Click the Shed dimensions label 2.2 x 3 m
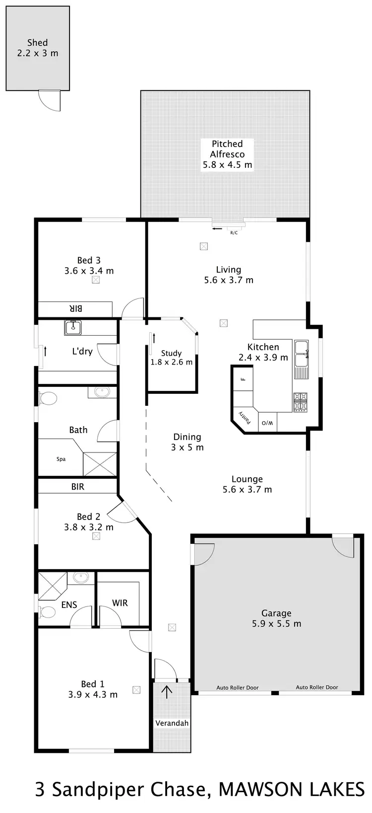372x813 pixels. pos(38,53)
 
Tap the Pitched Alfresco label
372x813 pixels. pos(227,149)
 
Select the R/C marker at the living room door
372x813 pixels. pos(234,232)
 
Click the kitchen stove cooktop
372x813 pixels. pos(301,402)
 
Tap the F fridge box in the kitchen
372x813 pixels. pos(243,379)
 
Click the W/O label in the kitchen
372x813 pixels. pos(267,423)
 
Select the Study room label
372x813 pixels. pos(171,353)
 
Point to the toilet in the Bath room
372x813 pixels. pos(48,398)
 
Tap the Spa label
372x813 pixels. pos(61,459)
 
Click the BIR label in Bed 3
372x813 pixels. pos(75,308)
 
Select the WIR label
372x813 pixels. pos(120,603)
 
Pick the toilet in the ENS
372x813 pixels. pos(48,611)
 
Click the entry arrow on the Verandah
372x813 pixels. pos(167,692)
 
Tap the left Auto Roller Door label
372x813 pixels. pos(238,688)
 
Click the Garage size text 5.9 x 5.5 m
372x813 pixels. pos(276,624)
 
